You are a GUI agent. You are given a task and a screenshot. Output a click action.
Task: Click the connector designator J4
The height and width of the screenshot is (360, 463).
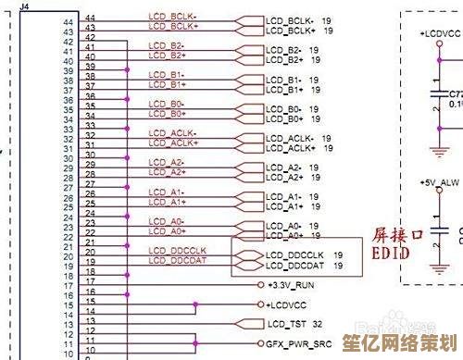point(24,6)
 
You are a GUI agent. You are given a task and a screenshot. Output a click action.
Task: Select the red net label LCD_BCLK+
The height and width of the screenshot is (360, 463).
point(172,26)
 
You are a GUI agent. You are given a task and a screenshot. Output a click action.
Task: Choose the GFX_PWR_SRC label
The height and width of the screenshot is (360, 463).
point(297,342)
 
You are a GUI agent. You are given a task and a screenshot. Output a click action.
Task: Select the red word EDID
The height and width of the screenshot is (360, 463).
point(391,252)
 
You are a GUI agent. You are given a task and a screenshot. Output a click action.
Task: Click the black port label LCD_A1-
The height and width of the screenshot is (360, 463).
point(282,195)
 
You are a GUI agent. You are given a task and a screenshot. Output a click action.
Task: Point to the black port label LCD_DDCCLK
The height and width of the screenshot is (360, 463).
point(295,254)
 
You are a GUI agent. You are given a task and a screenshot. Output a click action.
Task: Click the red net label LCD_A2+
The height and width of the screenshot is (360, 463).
point(168,174)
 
